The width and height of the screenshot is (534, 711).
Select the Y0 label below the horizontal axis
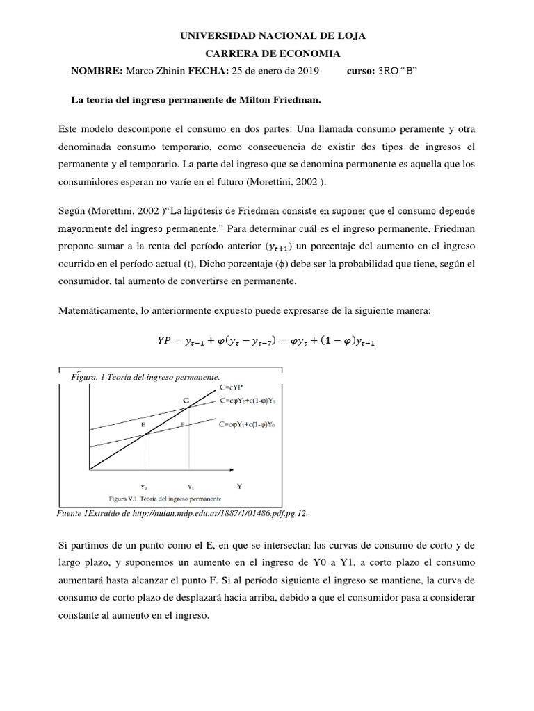point(144,487)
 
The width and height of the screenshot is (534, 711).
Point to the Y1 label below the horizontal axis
point(189,487)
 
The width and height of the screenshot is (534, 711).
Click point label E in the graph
point(144,423)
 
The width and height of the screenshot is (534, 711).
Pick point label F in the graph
point(184,423)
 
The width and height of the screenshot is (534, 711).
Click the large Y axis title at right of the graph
point(239,486)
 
